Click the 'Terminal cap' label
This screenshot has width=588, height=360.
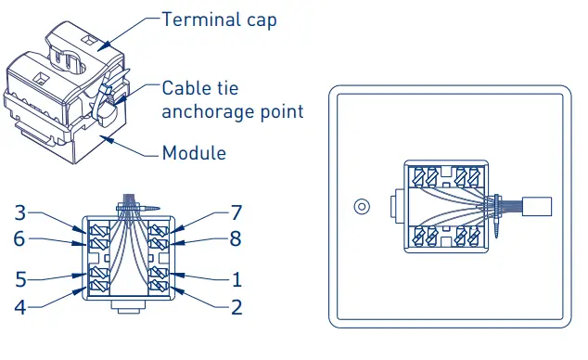pyautogui.click(x=218, y=19)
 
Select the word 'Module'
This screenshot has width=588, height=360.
pyautogui.click(x=194, y=153)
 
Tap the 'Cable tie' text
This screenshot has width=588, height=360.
pyautogui.click(x=199, y=88)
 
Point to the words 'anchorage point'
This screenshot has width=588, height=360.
pyautogui.click(x=233, y=111)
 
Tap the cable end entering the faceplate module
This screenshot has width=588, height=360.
pyautogui.click(x=538, y=206)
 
